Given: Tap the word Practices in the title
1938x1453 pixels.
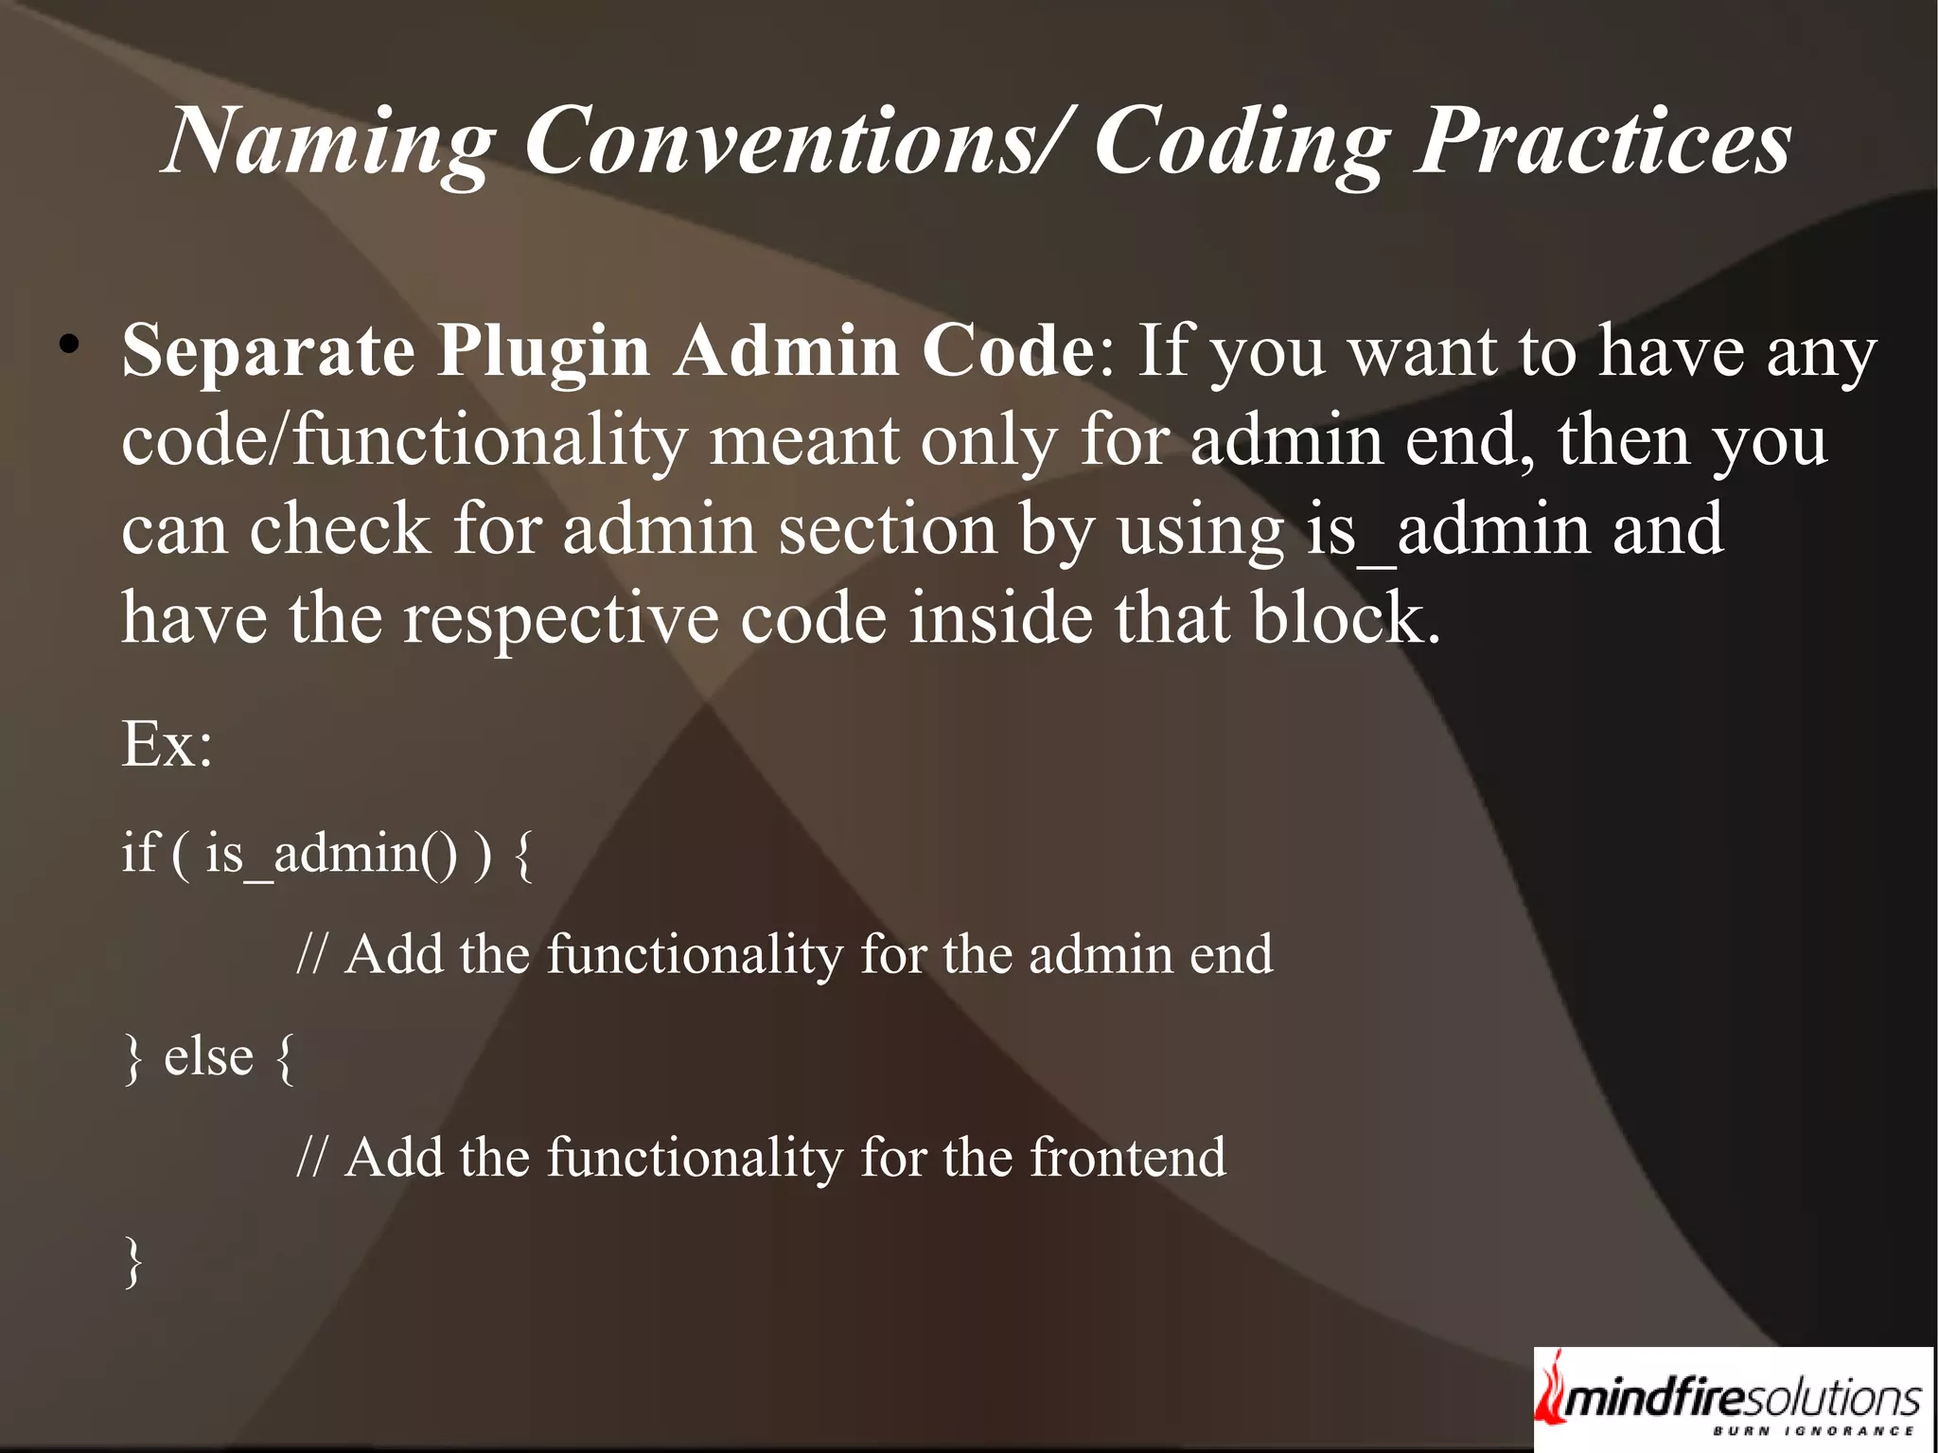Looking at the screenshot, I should (1602, 142).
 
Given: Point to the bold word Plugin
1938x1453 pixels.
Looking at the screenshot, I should (543, 351).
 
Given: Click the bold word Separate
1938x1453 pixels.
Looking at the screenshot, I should (268, 351).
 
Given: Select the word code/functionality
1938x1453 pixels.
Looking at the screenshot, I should (404, 441).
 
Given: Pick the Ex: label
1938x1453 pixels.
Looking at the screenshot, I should (167, 744).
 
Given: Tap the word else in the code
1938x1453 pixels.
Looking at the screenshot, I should (208, 1056).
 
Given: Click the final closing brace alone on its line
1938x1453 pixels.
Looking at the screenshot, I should (133, 1262).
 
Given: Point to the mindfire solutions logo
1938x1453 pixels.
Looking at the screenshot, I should (1732, 1399).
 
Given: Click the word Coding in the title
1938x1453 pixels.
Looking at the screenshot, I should (1242, 142).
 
